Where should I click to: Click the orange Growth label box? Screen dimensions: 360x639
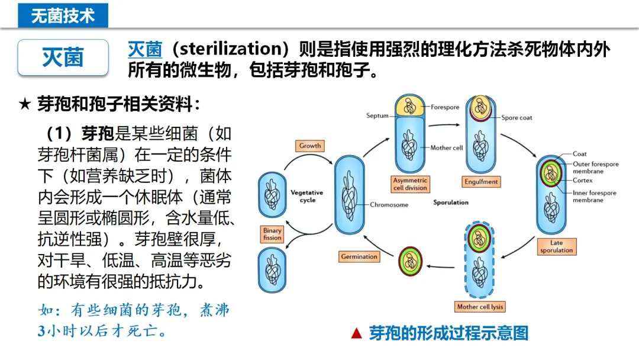pyautogui.click(x=310, y=146)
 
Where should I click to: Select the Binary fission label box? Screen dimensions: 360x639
pyautogui.click(x=273, y=234)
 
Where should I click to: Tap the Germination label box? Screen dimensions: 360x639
pyautogui.click(x=359, y=257)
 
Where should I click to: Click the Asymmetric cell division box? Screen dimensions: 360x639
pyautogui.click(x=410, y=184)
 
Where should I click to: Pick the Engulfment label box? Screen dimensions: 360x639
pyautogui.click(x=481, y=182)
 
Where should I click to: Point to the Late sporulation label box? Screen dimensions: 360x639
pyautogui.click(x=556, y=246)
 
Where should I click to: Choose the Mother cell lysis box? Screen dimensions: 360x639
pyautogui.click(x=480, y=307)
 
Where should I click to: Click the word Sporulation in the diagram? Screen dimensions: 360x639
pyautogui.click(x=451, y=202)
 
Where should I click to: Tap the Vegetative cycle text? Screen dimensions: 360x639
pyautogui.click(x=307, y=196)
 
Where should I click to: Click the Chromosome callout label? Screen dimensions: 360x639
pyautogui.click(x=389, y=205)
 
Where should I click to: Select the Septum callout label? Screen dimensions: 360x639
pyautogui.click(x=377, y=115)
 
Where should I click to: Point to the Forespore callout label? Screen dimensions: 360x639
pyautogui.click(x=445, y=107)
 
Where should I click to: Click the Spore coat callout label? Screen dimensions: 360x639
pyautogui.click(x=517, y=118)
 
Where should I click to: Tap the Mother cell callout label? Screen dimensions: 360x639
pyautogui.click(x=446, y=148)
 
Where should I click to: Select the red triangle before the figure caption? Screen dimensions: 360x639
pyautogui.click(x=356, y=334)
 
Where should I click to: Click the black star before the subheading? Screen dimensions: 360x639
pyautogui.click(x=25, y=105)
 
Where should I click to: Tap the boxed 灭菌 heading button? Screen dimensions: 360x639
pyautogui.click(x=63, y=57)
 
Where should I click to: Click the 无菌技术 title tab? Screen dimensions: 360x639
pyautogui.click(x=63, y=14)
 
